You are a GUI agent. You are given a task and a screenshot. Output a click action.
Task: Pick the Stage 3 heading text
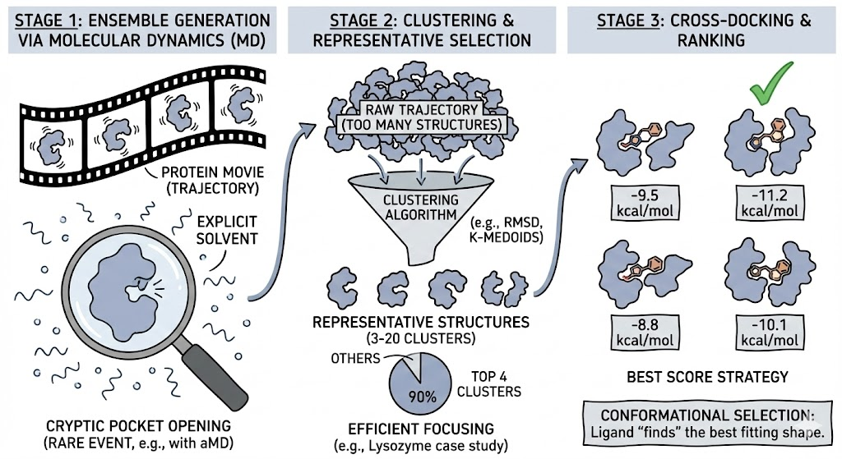click(702, 29)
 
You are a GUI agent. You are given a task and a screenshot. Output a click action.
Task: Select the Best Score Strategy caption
click(707, 377)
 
